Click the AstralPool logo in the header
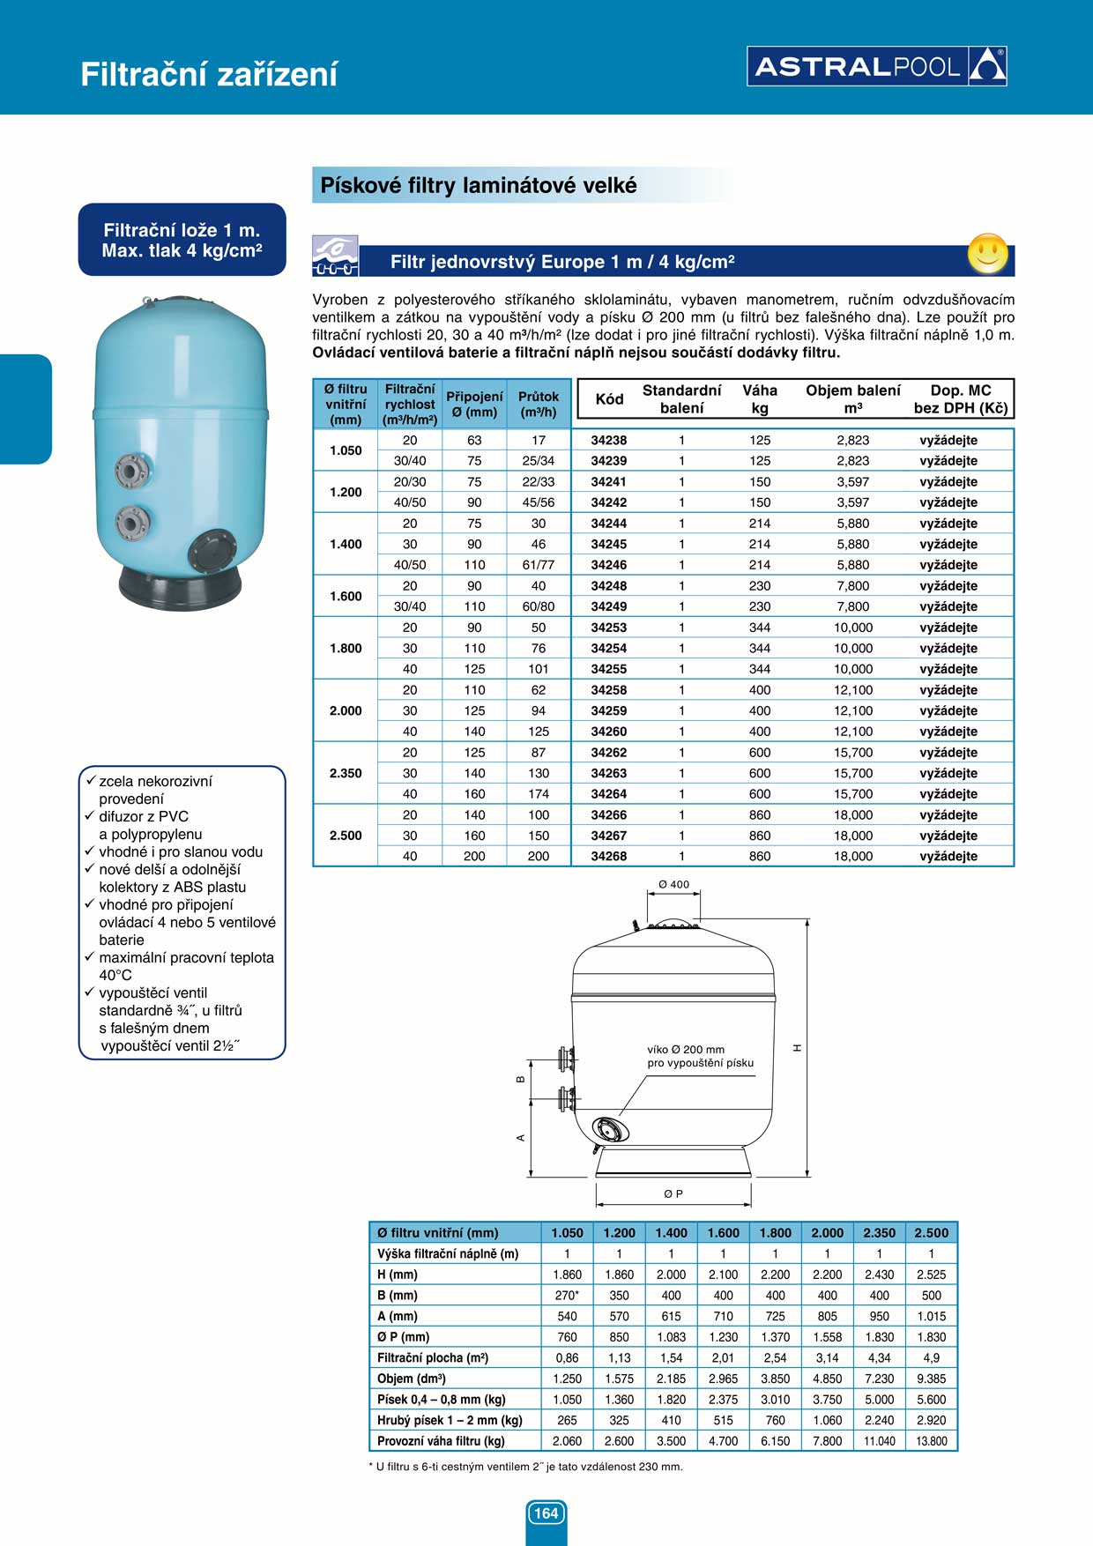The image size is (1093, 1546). tap(877, 66)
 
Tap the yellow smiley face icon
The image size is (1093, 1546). tap(987, 254)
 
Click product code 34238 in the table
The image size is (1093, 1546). tap(608, 440)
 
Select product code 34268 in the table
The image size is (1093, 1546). tap(608, 856)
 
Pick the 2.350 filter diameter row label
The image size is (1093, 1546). tap(346, 773)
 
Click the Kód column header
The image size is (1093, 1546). tap(609, 398)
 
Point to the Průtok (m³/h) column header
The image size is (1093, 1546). tap(539, 404)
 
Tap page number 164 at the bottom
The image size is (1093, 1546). tap(546, 1513)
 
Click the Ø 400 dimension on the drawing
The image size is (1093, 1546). tap(674, 884)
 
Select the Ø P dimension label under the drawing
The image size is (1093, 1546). tap(673, 1193)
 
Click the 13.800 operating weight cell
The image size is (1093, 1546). tap(932, 1441)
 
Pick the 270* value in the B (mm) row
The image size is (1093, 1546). tap(567, 1296)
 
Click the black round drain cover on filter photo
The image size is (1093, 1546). tap(212, 553)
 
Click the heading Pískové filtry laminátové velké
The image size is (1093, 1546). tap(479, 186)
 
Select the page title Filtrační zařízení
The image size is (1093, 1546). tap(209, 74)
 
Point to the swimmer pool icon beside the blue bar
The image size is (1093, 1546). tap(336, 256)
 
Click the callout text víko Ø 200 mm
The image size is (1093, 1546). tap(686, 1050)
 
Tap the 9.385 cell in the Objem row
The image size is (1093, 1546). tap(932, 1379)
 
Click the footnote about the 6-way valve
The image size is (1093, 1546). tap(525, 1467)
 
